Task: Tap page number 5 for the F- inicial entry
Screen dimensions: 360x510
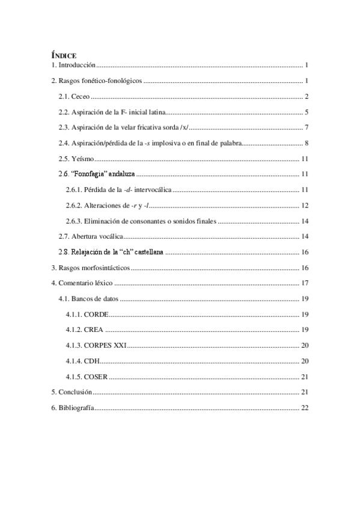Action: [x=307, y=112]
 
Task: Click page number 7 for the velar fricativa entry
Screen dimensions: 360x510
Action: [x=307, y=127]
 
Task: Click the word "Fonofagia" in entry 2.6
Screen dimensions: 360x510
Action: [x=90, y=174]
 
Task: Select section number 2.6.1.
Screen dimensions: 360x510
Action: [x=76, y=190]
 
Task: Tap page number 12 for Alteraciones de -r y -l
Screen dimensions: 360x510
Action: [x=305, y=206]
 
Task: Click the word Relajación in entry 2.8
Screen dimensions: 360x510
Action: [x=90, y=253]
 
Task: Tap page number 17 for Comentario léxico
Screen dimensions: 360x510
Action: [x=305, y=283]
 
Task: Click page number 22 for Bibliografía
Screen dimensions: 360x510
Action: [x=305, y=408]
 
